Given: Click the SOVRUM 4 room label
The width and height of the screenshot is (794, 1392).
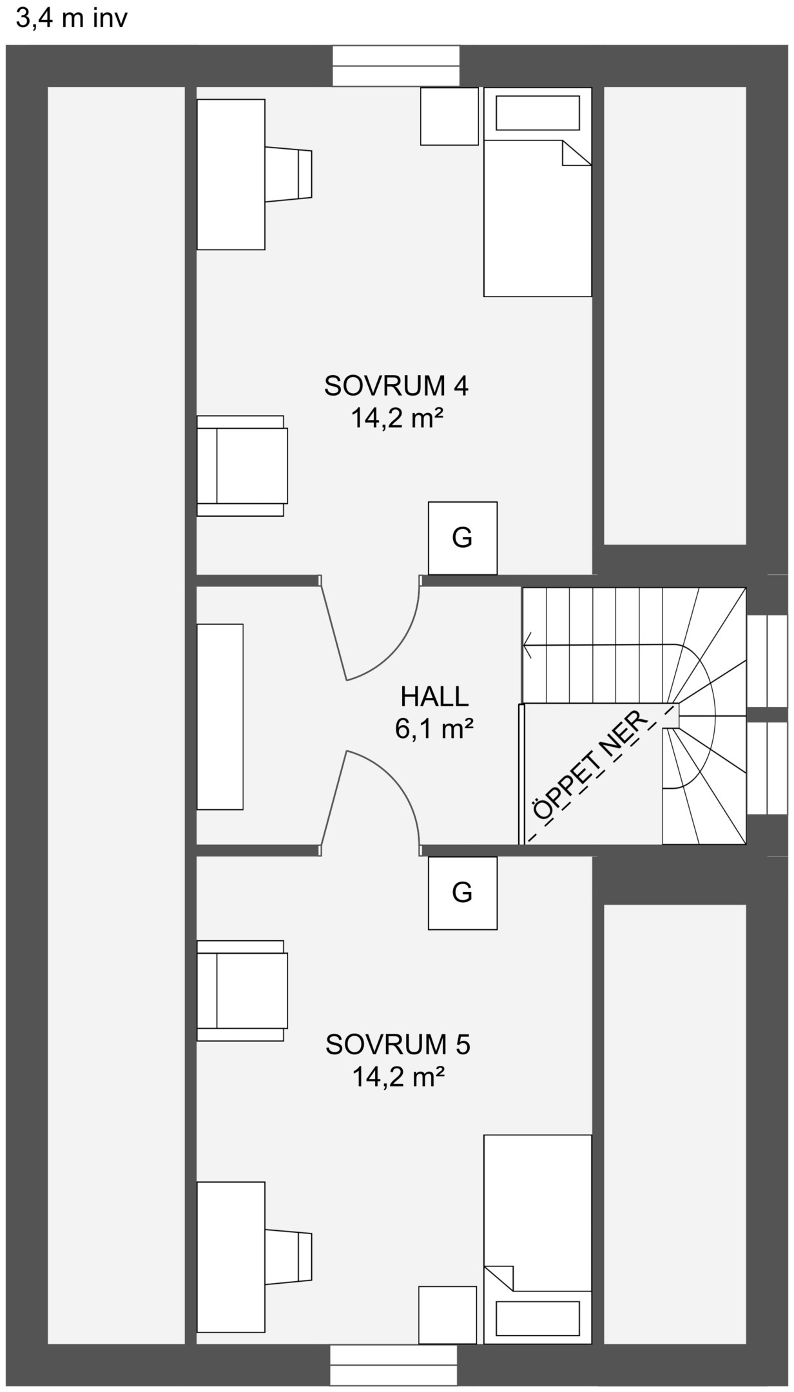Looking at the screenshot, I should point(396,386).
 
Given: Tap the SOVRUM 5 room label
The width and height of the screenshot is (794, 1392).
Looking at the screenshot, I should point(398,1045).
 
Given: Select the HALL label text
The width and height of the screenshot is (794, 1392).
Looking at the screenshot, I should point(434,697).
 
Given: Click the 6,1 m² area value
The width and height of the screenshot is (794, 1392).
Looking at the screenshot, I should point(434,729).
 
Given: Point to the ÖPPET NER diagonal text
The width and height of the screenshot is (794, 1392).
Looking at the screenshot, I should point(587,766).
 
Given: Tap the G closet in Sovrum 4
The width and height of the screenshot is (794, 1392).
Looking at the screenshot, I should point(462,537).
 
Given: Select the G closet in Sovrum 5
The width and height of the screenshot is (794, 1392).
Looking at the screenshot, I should point(462,892).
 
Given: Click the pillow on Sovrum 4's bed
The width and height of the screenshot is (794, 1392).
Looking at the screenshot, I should point(537,113).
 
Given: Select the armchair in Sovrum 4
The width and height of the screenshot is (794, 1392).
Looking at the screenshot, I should point(242,465).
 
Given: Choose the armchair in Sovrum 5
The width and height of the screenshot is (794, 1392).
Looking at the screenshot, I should point(242,991).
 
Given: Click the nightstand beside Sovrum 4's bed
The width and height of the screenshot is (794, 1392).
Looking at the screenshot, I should point(449,116).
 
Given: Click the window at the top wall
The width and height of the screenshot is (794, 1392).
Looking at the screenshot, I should point(396,66).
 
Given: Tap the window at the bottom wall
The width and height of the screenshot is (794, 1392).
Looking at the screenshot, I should point(393,1366).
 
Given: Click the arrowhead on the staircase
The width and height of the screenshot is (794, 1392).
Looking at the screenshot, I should point(527,644).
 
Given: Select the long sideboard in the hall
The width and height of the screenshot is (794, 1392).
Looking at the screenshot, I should point(220,716).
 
